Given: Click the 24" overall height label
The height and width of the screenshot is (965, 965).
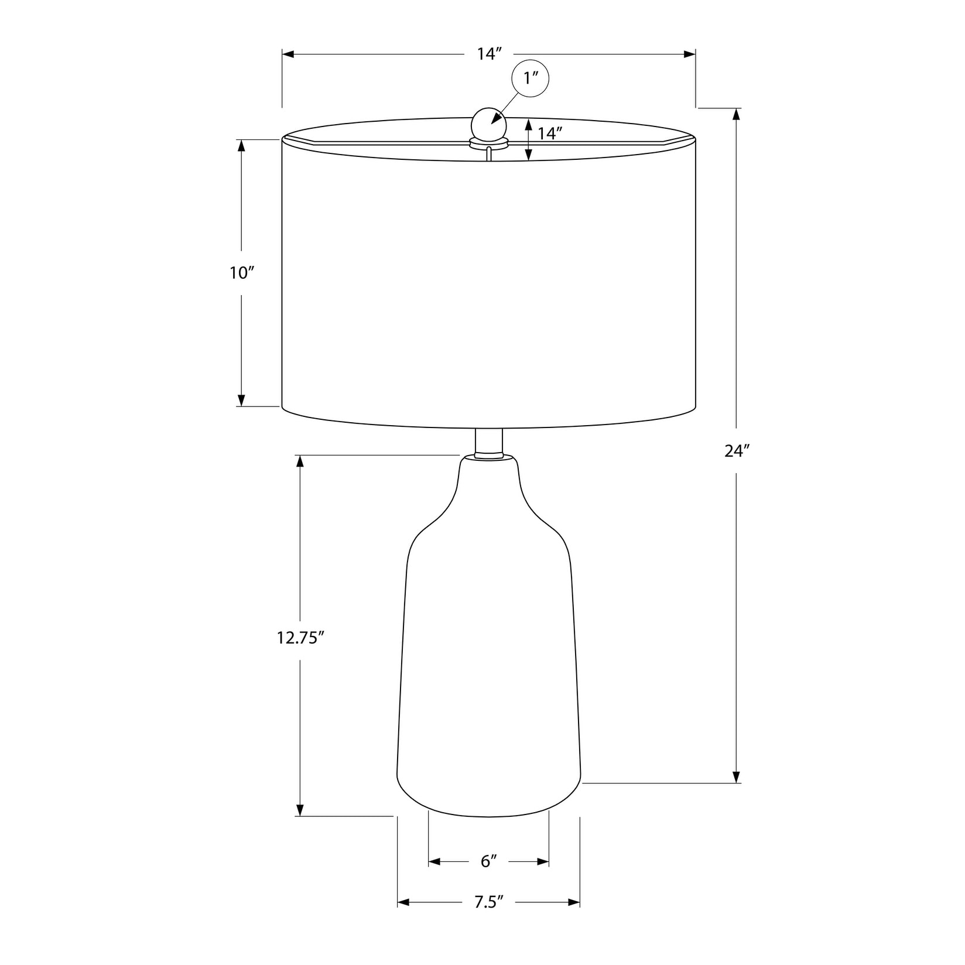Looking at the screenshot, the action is (737, 451).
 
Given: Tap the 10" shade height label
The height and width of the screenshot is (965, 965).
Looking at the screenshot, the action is (242, 272).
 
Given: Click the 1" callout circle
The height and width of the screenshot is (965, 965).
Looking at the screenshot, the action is (531, 78).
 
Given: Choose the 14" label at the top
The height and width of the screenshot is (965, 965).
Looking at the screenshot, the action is (490, 54).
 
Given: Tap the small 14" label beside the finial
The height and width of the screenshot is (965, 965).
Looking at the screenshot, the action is (550, 133).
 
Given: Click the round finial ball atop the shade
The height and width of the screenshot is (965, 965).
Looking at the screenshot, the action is (489, 124).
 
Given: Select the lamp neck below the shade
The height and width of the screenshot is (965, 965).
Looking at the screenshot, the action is (489, 443).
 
